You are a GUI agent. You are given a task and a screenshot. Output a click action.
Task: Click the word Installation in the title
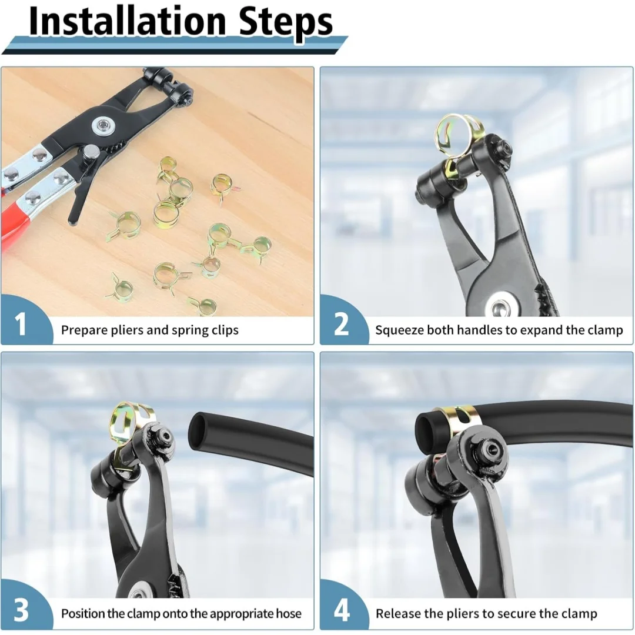point(127,21)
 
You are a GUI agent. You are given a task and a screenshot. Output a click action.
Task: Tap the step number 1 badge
point(21,324)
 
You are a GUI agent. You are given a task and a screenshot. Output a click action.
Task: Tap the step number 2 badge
point(341,324)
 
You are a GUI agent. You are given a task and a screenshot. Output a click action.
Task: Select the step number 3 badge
point(21,610)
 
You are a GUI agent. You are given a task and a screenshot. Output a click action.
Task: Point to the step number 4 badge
point(341,610)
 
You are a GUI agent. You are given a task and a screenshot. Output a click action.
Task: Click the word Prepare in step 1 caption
point(83,330)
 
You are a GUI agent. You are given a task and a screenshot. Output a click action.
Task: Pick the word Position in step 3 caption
point(83,613)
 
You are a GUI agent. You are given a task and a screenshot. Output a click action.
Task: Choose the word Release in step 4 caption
point(398,613)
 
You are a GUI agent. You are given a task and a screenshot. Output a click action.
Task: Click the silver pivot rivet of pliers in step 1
point(100,126)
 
